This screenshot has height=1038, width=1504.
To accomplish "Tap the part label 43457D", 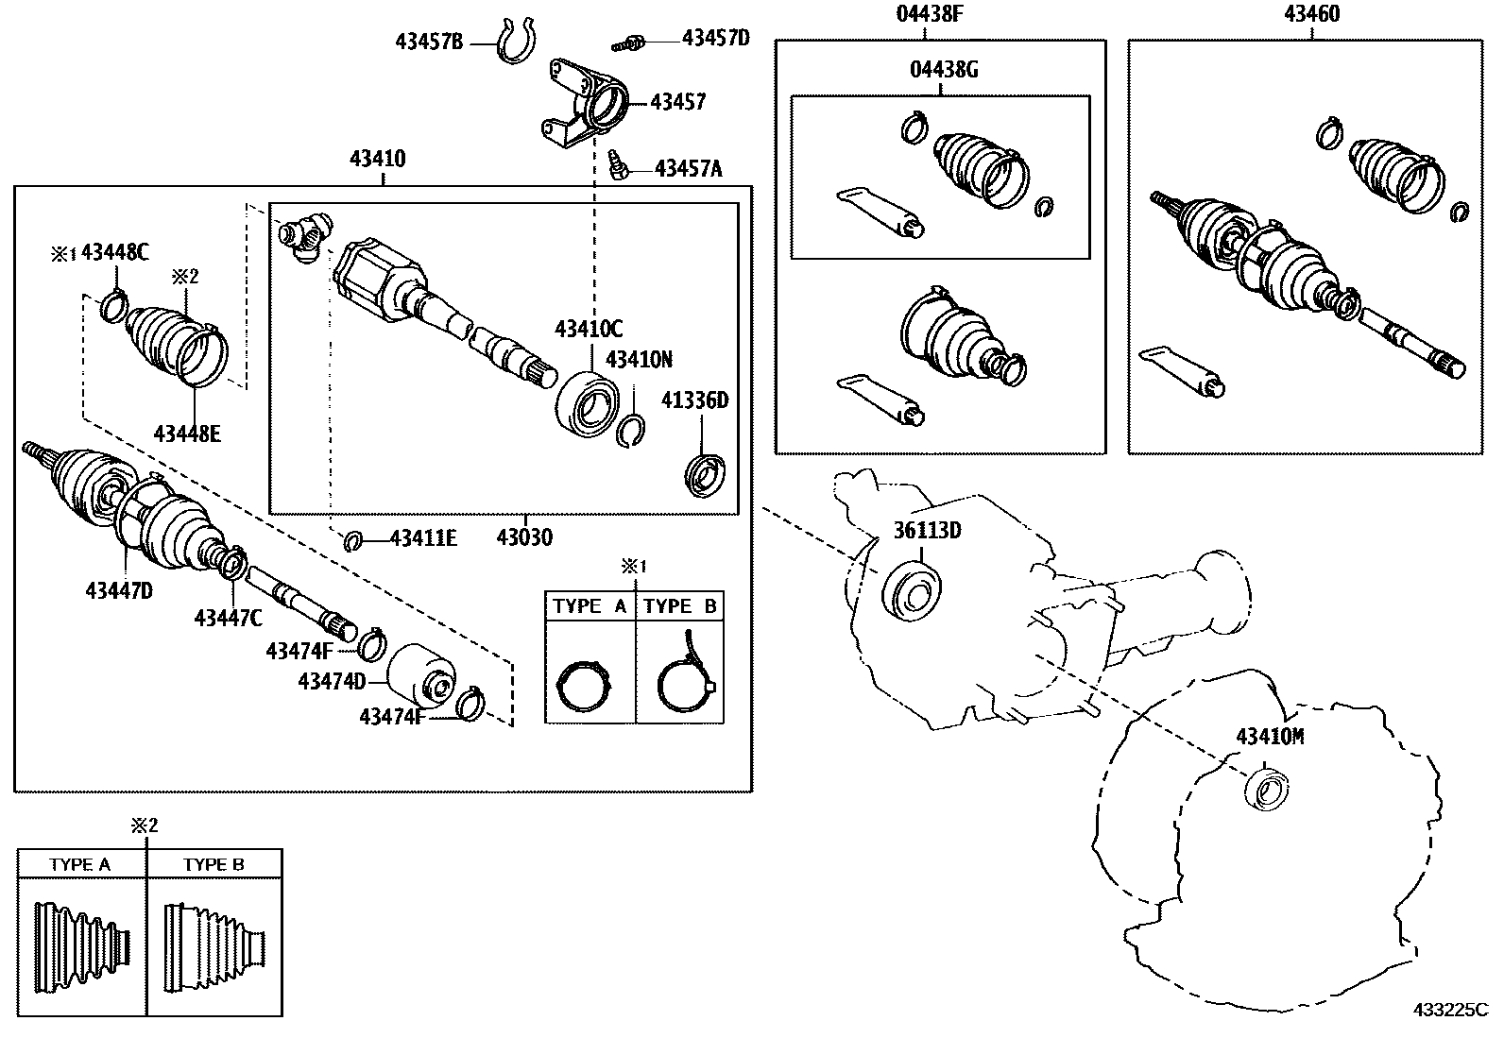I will [715, 38].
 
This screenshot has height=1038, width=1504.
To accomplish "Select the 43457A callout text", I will [688, 169].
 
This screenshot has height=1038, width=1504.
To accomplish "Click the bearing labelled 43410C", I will [588, 403].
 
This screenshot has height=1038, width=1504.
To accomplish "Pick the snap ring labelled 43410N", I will [632, 430].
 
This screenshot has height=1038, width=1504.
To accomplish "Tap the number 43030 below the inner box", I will [524, 537].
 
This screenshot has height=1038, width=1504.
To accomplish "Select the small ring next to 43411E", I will [353, 540].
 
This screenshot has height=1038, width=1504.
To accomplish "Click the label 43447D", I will [119, 590].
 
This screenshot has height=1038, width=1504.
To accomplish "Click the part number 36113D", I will [927, 530].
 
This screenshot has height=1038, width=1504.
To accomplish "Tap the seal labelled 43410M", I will [1266, 789].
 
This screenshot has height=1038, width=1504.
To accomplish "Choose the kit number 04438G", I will [944, 70].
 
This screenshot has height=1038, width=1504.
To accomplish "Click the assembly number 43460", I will [1311, 14].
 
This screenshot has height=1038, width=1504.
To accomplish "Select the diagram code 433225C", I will [1450, 1010].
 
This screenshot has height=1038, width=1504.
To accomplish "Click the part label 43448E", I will [187, 434].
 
